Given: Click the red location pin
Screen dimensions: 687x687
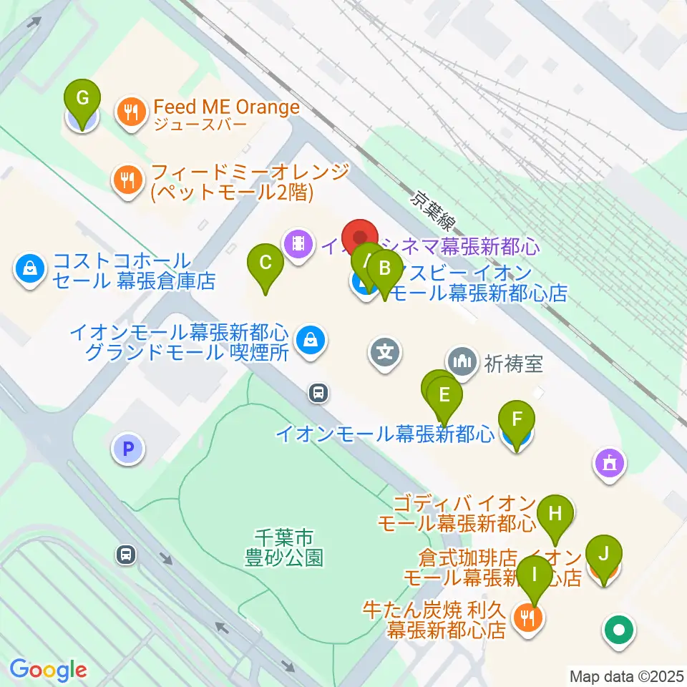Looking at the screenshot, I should (x=360, y=239).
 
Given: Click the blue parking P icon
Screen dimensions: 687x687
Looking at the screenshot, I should (x=128, y=449).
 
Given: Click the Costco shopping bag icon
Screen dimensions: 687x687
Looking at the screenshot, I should (x=29, y=270).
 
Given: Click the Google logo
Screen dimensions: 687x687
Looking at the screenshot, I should (x=48, y=671).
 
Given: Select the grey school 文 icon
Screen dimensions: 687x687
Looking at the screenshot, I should (x=386, y=352).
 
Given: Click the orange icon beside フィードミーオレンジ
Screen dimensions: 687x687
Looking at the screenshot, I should (x=127, y=180).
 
